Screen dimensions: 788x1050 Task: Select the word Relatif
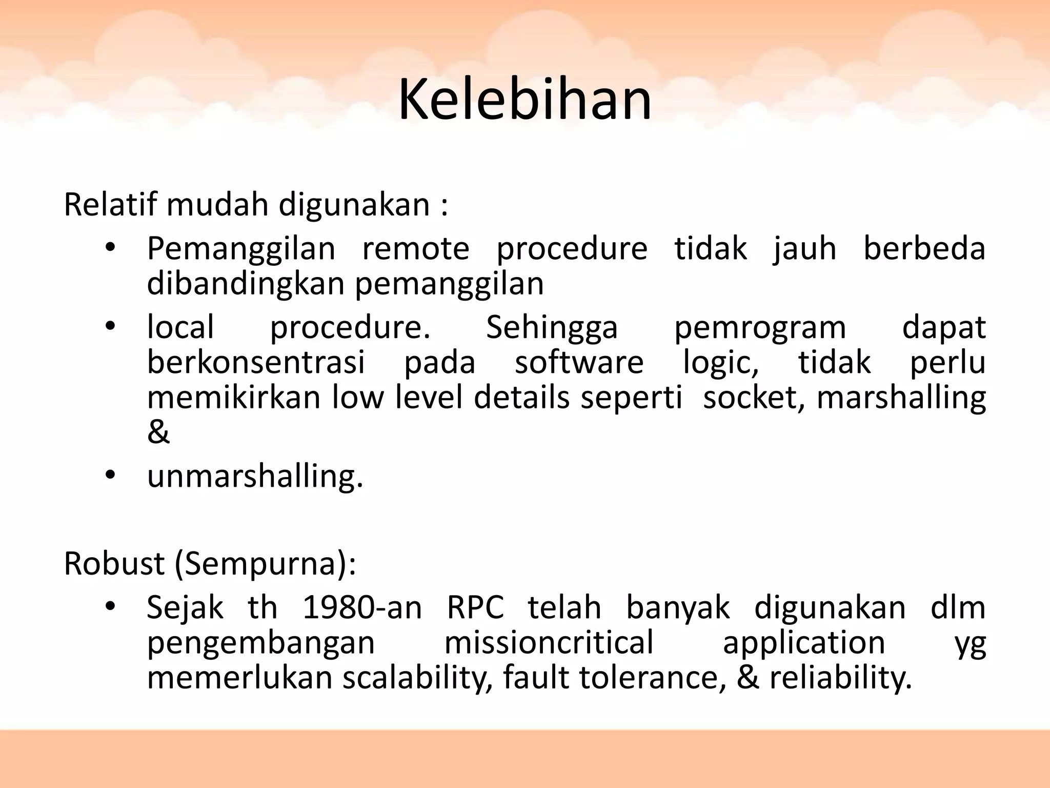tap(110, 204)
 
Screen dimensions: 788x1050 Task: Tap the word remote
tap(415, 249)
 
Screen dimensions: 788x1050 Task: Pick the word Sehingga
tap(552, 327)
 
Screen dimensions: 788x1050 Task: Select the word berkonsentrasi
tap(256, 362)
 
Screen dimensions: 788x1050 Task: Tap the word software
tap(579, 362)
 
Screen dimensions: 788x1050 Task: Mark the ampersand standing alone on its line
tap(158, 432)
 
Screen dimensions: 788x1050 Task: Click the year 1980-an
tap(362, 608)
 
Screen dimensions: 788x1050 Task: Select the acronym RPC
tap(475, 608)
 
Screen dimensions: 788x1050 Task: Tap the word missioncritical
tap(549, 642)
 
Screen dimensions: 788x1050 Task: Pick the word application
tap(803, 643)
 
